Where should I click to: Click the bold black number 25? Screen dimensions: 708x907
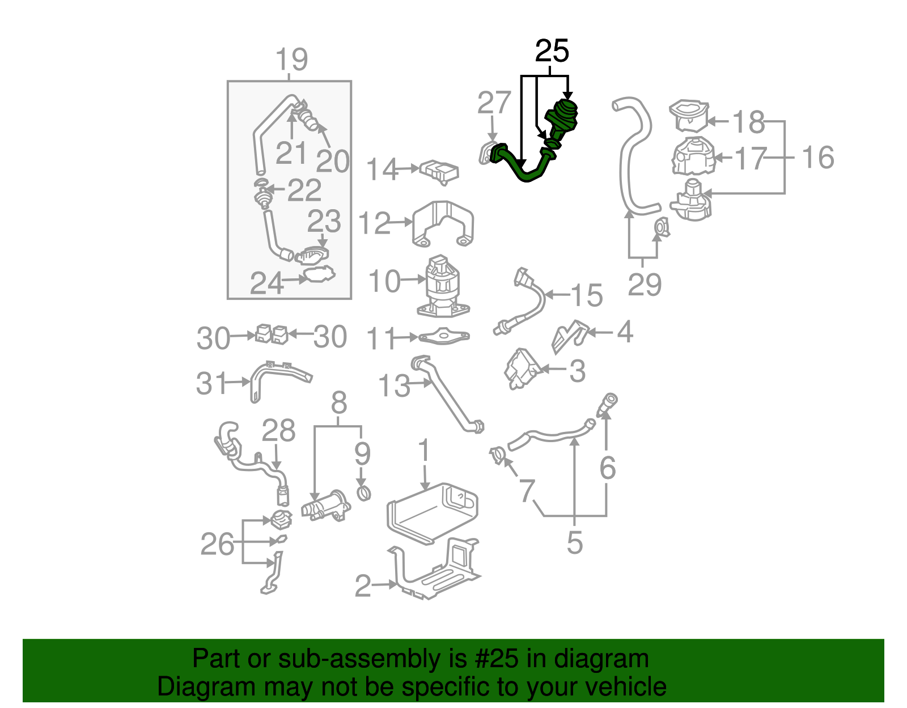552,52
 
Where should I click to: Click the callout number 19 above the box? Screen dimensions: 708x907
291,60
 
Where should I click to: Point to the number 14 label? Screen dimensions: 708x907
382,169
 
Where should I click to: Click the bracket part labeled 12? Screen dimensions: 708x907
443,223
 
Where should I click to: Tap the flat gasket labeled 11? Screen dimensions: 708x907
444,337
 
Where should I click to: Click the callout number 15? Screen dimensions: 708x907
586,295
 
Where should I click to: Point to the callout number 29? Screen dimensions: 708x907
645,284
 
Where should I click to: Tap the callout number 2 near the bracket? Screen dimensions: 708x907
363,586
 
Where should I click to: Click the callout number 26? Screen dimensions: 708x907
217,544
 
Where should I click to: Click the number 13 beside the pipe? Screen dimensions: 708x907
393,386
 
